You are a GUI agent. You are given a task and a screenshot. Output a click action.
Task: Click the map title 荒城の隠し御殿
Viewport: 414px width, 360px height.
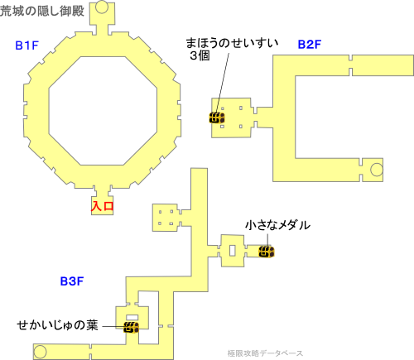point(42,11)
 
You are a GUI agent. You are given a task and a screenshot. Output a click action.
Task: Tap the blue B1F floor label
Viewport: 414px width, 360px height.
point(26,46)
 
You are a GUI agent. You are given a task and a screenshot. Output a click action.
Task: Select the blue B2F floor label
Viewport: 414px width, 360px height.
point(310,45)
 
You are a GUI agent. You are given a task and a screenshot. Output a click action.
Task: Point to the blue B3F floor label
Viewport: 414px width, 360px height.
point(72,281)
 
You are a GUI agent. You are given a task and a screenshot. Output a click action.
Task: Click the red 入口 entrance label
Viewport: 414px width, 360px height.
point(102,206)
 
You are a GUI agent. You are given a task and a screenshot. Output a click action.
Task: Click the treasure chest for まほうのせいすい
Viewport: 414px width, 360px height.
point(217,118)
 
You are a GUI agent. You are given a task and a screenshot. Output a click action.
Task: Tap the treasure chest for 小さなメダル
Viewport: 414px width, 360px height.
point(267,252)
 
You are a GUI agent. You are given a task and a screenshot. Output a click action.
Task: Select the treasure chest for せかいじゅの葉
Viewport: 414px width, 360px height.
point(131,327)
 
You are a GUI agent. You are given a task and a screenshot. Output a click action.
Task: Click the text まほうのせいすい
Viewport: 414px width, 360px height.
point(232,43)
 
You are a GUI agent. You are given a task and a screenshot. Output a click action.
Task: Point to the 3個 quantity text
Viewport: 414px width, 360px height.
point(200,55)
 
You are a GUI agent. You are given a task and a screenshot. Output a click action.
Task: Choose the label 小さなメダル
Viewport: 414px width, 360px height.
point(277,225)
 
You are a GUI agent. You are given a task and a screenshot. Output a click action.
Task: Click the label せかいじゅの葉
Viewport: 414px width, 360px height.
point(57,325)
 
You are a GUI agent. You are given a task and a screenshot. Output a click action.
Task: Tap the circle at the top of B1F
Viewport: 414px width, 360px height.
point(102,7)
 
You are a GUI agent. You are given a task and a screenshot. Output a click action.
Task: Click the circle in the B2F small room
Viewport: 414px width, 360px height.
point(377,170)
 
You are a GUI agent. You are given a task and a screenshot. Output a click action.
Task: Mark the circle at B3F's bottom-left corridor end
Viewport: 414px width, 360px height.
point(40,352)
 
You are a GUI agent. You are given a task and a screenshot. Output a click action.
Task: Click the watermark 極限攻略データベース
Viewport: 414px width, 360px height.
point(265,353)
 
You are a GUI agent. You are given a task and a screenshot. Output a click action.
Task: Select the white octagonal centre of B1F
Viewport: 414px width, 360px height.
point(103,111)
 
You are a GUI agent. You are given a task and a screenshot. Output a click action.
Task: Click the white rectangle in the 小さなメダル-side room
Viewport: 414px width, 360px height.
point(233,251)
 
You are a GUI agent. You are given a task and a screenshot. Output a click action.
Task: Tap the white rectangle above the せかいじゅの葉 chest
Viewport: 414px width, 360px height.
point(132,317)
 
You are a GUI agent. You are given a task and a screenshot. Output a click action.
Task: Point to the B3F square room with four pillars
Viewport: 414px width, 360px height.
point(166,218)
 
